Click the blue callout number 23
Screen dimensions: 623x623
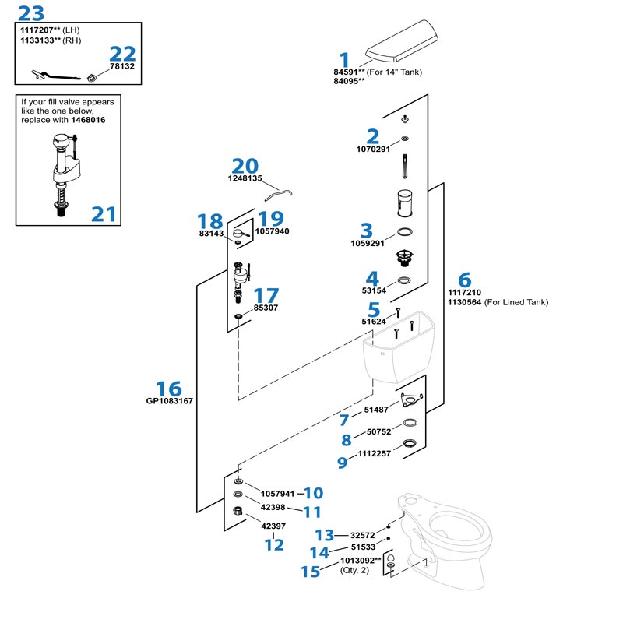tap(30, 13)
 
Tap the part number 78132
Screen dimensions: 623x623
tap(121, 67)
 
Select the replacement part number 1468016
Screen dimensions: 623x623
tap(87, 121)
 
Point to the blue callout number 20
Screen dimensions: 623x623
tap(245, 166)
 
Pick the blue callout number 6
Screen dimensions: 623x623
tap(465, 280)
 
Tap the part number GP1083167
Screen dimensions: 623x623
tap(169, 402)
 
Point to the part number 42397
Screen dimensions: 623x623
tap(273, 526)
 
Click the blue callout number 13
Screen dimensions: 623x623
tap(324, 535)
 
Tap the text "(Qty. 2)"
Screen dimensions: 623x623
tap(355, 570)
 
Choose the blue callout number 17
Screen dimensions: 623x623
tap(266, 296)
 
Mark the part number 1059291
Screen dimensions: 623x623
tap(368, 243)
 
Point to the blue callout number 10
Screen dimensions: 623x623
tap(313, 493)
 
